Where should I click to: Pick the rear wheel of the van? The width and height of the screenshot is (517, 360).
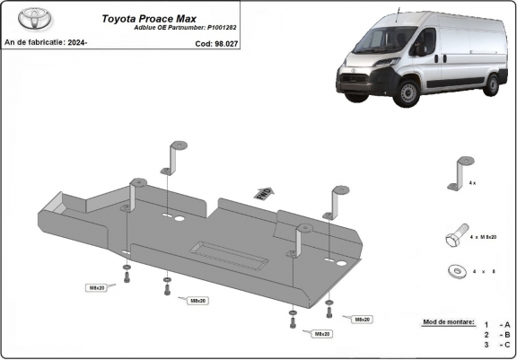[491, 85]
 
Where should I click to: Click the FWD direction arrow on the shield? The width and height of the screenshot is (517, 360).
[263, 193]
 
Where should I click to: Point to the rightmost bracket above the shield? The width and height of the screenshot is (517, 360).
[337, 200]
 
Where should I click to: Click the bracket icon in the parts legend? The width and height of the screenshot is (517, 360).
[463, 171]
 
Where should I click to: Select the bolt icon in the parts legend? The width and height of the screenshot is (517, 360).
[454, 236]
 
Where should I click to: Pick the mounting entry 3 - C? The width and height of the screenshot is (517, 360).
[495, 344]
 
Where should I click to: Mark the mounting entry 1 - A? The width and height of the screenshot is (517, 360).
[495, 324]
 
